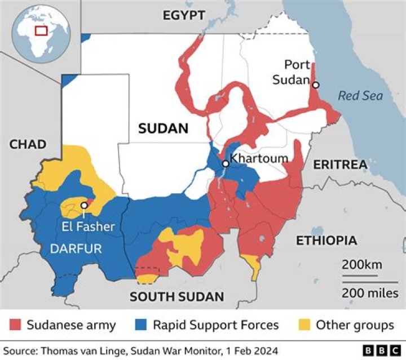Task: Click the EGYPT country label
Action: point(184,16)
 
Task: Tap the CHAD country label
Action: point(28,144)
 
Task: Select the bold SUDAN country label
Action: point(163,128)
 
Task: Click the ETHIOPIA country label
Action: point(326,241)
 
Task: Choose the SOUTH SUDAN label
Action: point(176,297)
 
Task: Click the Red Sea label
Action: point(360,96)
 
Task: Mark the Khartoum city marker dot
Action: point(225,163)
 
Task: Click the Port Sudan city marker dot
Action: point(316,85)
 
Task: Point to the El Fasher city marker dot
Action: point(83,205)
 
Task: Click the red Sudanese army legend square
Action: point(16,325)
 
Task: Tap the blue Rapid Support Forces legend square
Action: point(142,325)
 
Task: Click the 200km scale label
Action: point(361,265)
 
